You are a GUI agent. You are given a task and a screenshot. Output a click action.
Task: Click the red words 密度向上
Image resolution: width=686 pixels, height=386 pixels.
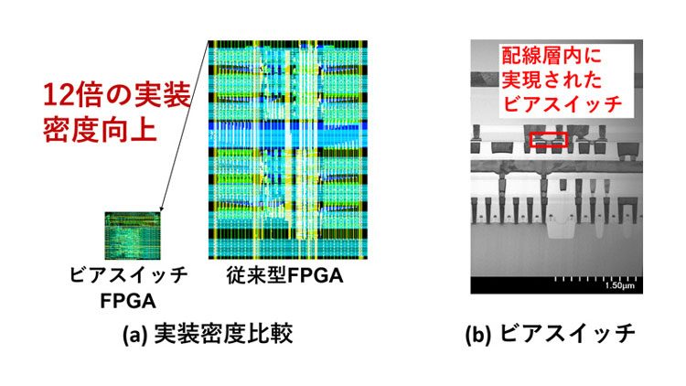100,130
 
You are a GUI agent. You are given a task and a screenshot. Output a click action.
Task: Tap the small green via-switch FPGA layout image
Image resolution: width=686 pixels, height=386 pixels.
133,235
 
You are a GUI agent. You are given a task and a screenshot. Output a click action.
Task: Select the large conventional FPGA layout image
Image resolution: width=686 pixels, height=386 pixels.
288,150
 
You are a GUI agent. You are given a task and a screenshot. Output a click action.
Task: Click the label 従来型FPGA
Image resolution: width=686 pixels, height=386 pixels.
284,275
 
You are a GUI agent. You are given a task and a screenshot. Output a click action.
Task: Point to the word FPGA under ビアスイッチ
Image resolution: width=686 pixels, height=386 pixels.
128,301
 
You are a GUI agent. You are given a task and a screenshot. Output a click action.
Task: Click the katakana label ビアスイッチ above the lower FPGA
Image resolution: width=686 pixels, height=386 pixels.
129,275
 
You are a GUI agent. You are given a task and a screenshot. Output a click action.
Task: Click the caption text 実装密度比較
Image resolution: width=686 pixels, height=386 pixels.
223,335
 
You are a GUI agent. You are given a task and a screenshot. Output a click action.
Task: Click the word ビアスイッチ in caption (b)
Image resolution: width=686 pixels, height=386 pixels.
567,334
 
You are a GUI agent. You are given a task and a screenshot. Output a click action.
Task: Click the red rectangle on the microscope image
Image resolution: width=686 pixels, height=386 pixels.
549,140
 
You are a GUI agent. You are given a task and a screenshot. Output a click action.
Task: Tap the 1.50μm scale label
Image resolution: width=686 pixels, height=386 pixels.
619,286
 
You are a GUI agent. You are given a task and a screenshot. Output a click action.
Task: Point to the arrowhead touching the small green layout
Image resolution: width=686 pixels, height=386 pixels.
161,209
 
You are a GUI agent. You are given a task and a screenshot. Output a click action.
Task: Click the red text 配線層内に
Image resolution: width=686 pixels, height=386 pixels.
552,56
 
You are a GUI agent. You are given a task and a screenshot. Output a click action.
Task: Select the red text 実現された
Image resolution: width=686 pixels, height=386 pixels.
552,80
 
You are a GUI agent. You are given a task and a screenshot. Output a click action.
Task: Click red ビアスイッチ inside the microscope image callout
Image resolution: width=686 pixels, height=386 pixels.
562,103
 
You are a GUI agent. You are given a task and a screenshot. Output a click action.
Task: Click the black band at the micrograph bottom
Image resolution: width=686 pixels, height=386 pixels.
556,284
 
